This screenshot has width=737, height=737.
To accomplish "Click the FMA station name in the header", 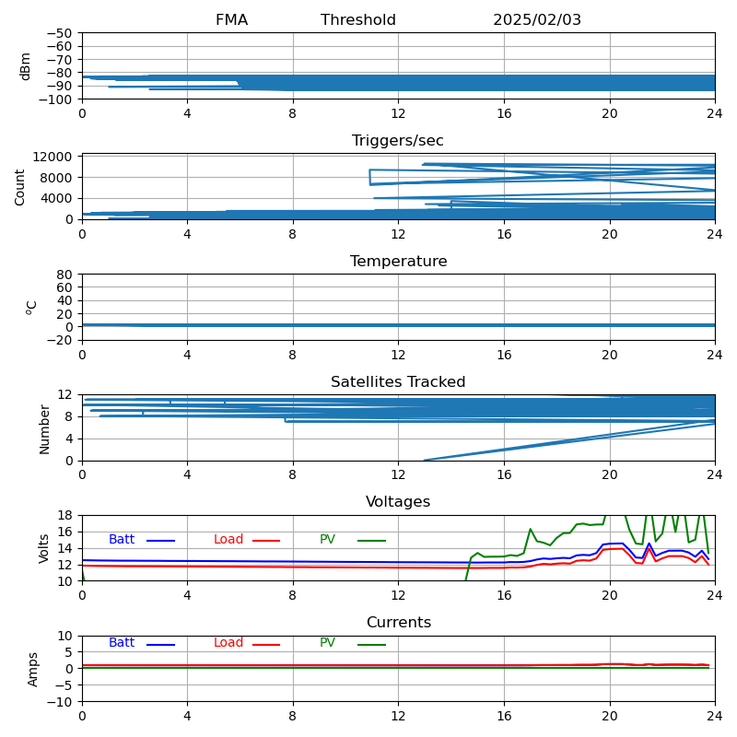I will (x=231, y=20).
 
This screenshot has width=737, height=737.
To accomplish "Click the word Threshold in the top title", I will (x=358, y=20).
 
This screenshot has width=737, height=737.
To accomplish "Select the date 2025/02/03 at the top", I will (x=537, y=20).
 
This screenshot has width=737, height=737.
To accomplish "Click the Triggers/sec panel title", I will (x=398, y=141).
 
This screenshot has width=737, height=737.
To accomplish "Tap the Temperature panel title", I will (x=398, y=262).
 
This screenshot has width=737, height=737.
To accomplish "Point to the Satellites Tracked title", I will (x=398, y=382).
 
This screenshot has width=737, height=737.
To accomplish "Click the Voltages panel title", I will (x=398, y=502).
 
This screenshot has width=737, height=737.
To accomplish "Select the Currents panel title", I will (x=398, y=623).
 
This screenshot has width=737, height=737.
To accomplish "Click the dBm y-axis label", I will (x=26, y=65).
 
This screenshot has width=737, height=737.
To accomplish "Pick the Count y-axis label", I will (x=21, y=186).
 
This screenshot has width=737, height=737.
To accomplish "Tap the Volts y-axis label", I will (x=44, y=548).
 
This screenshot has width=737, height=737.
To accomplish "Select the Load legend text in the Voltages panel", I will (x=228, y=540).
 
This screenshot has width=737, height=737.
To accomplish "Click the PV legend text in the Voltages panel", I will (x=327, y=540).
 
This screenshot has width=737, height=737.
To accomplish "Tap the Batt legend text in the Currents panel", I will (x=122, y=643).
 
